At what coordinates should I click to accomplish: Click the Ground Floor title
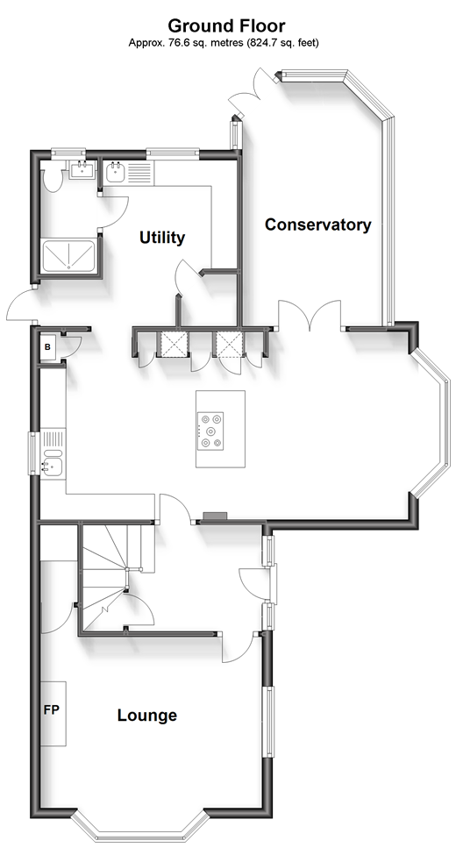226,25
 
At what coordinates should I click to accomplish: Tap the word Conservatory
318,224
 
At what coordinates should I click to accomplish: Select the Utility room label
162,238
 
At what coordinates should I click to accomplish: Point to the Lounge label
147,716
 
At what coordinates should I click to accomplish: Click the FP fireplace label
51,710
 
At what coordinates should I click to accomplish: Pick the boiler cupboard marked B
47,348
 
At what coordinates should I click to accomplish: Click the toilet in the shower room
53,179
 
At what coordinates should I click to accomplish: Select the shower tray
68,256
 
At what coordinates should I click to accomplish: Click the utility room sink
115,173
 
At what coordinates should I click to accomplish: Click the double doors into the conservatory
310,316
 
